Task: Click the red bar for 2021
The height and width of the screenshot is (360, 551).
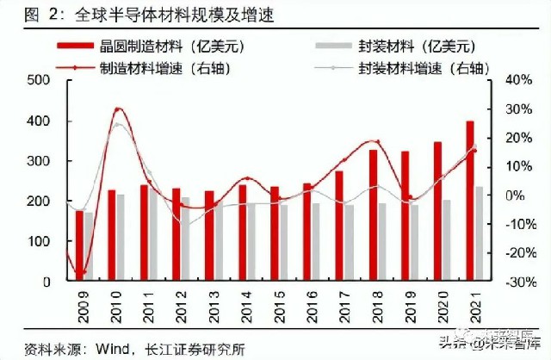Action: [470, 201]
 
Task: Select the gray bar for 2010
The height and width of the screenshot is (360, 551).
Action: [121, 238]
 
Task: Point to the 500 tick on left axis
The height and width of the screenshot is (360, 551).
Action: [40, 80]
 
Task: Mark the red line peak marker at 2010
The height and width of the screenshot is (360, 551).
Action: [118, 109]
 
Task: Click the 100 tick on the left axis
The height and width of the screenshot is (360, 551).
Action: [40, 241]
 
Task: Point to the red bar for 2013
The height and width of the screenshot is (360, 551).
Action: [209, 236]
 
